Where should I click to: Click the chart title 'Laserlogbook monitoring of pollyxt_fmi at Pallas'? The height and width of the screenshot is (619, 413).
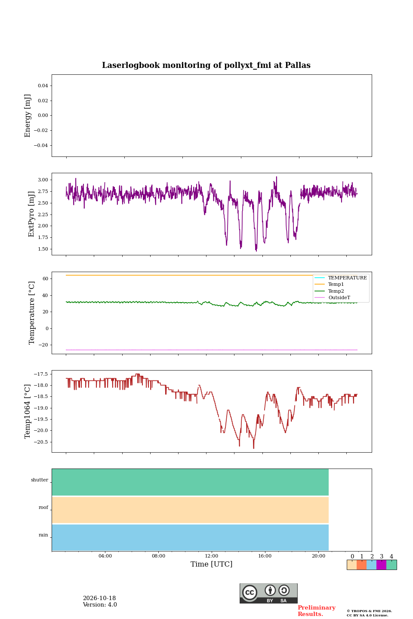pos(206,65)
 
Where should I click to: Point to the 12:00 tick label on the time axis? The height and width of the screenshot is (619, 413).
pos(211,556)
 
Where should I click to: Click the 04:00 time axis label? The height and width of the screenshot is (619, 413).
pos(105,556)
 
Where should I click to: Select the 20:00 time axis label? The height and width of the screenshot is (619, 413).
pos(318,556)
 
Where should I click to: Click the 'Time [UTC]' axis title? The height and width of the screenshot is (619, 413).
pos(211,564)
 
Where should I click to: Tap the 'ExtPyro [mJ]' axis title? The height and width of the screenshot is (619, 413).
pos(31,214)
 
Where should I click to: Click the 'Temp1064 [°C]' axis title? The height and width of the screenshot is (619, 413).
pos(27,411)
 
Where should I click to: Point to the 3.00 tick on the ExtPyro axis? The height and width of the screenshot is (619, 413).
pos(43,180)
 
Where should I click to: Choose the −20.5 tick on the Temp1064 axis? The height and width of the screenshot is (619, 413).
pos(41,441)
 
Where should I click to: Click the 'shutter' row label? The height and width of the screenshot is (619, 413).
pos(40,480)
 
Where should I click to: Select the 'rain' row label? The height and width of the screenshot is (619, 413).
pos(43,535)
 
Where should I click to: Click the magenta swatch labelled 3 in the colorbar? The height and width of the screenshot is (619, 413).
pos(381,564)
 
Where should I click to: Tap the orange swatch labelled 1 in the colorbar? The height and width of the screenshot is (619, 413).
pos(361,564)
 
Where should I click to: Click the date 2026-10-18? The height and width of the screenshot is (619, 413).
pos(99,598)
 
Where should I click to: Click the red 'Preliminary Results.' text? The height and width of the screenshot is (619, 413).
pos(317,610)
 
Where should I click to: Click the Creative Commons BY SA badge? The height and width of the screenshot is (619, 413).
pos(268,593)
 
